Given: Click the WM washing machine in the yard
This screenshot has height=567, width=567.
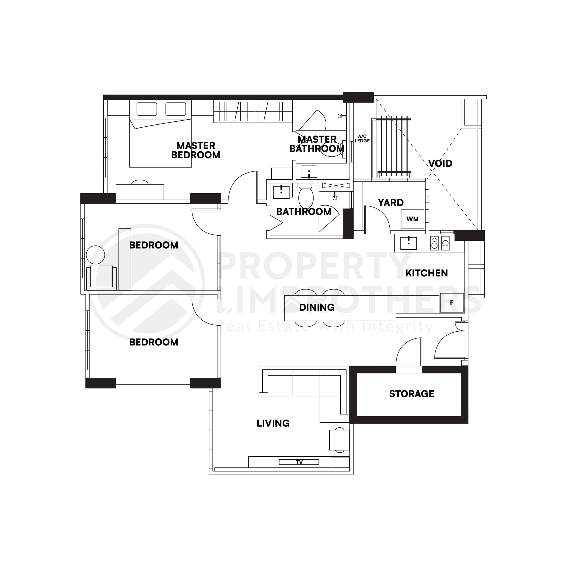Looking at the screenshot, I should click(x=412, y=219).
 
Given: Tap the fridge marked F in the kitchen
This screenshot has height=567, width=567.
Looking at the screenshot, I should click(x=451, y=303).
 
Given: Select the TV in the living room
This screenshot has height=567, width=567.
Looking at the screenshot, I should click(x=299, y=462).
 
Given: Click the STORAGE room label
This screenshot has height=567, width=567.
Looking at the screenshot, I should click(x=412, y=394).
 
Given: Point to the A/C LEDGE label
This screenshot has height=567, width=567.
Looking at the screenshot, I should click(x=362, y=139).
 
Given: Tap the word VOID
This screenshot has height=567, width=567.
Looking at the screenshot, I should click(x=440, y=164).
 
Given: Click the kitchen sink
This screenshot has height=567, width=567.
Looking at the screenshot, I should click(x=408, y=243).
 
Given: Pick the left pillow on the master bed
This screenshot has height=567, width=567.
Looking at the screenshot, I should click(x=147, y=109).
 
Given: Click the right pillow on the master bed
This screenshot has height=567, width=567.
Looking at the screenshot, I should click(x=175, y=109).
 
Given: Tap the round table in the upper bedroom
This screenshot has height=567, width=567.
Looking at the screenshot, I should click(x=95, y=255).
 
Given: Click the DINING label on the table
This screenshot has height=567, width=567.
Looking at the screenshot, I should click(x=317, y=307).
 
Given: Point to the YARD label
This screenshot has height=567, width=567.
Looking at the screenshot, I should click(x=391, y=203).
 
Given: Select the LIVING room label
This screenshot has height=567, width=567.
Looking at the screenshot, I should click(x=273, y=423).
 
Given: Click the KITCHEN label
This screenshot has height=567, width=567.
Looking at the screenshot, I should click(x=426, y=273).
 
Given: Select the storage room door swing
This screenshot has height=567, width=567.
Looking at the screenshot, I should click(x=408, y=352).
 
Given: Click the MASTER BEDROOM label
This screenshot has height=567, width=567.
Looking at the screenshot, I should click(x=196, y=150).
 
